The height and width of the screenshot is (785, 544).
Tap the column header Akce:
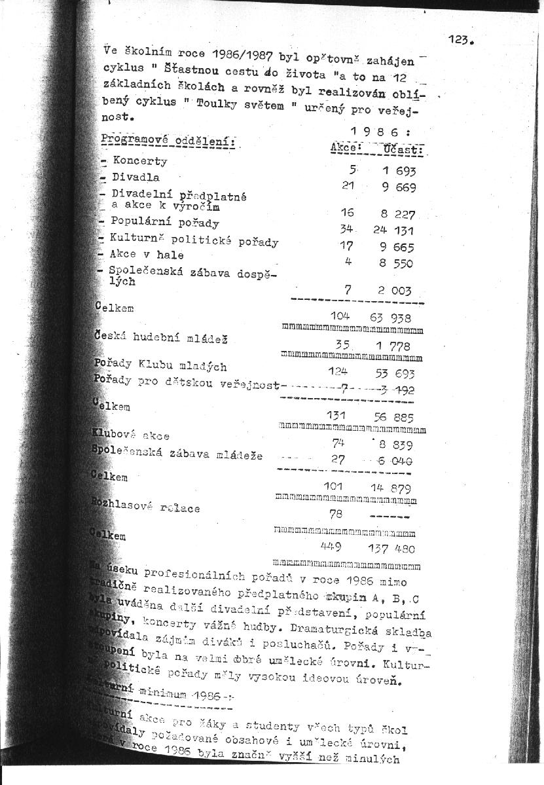[x=347, y=149]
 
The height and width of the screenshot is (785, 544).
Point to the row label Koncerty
[x=139, y=161]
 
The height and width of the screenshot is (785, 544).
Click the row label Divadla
[x=136, y=177]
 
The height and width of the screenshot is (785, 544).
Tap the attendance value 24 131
[x=393, y=230]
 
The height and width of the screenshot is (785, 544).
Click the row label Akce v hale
[x=147, y=255]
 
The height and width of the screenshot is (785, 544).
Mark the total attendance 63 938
[x=390, y=318]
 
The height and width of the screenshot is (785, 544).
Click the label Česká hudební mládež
[x=154, y=338]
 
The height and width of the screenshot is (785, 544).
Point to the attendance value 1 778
[x=393, y=346]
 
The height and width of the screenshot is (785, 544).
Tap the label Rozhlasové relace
[x=149, y=507]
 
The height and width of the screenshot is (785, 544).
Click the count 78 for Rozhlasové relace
[x=336, y=515]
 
